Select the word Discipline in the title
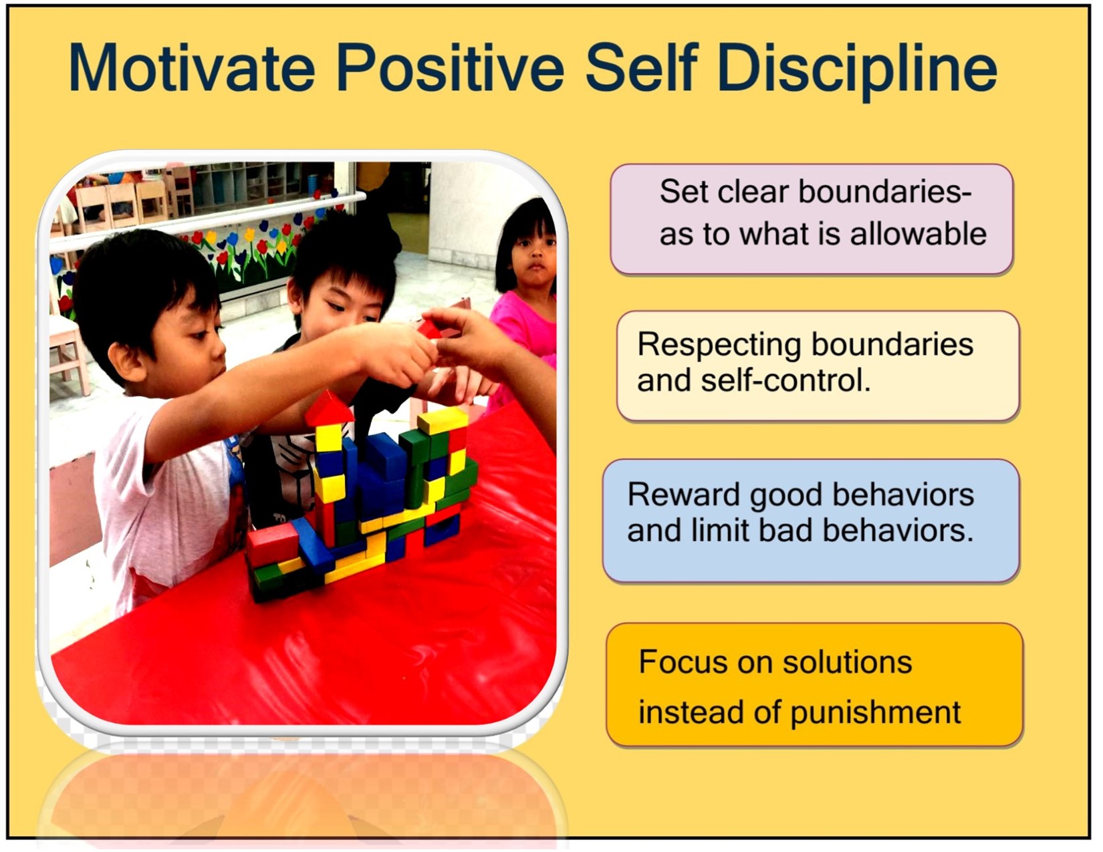[x=857, y=71]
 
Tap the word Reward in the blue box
[x=684, y=494]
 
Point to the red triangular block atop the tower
[x=329, y=408]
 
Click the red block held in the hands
[x=430, y=329]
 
